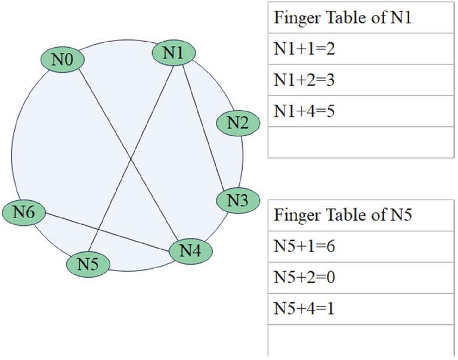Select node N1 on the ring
[173, 53]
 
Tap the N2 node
[237, 123]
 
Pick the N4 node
[190, 251]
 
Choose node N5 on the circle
[88, 263]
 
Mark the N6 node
[24, 212]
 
